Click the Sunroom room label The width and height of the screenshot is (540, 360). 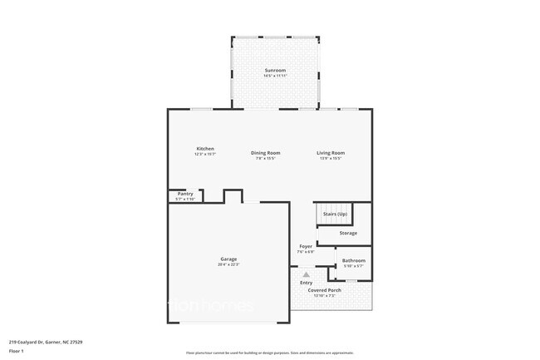(276, 70)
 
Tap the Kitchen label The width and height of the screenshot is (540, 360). (205, 149)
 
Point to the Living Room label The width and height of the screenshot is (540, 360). (330, 152)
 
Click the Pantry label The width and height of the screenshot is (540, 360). (185, 194)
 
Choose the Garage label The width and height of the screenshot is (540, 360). (228, 259)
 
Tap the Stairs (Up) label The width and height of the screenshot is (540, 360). (335, 215)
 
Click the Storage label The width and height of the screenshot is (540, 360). (348, 233)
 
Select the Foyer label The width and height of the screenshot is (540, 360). (306, 246)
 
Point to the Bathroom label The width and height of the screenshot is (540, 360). (354, 260)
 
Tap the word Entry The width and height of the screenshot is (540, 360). (307, 283)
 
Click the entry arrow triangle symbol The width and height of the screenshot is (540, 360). (306, 274)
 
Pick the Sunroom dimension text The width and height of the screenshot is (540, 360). (276, 76)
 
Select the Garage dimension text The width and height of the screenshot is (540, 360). (228, 265)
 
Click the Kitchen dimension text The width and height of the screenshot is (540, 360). (205, 155)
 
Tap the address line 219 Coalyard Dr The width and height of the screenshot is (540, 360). (45, 342)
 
